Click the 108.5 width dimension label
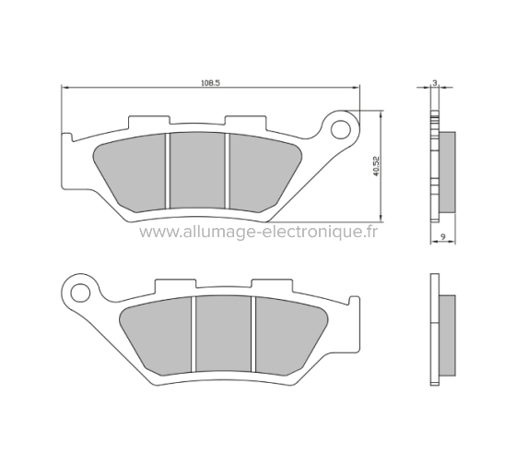pos(209,82)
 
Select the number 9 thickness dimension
pos(443,237)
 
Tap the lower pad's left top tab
pos(170,284)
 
